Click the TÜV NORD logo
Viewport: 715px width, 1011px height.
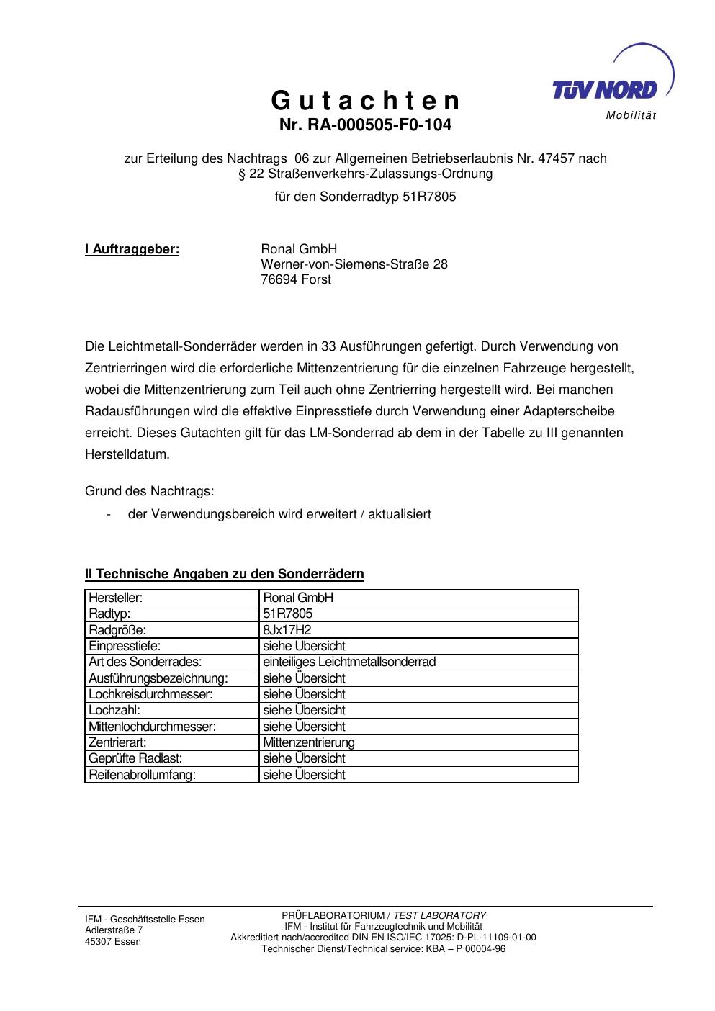pyautogui.click(x=605, y=89)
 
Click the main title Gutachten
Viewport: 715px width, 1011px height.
pyautogui.click(x=365, y=101)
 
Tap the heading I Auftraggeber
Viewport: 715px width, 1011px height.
pyautogui.click(x=132, y=250)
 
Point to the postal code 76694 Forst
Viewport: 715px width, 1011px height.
pyautogui.click(x=296, y=280)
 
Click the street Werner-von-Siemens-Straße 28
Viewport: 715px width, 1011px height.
pyautogui.click(x=354, y=265)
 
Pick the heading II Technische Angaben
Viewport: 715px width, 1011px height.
pyautogui.click(x=225, y=574)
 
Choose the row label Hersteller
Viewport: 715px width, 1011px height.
pyautogui.click(x=115, y=598)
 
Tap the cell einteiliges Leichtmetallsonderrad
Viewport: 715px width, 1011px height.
pyautogui.click(x=349, y=662)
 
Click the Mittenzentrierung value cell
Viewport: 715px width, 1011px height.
pyautogui.click(x=309, y=742)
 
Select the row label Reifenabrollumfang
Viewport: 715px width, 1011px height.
pyautogui.click(x=142, y=775)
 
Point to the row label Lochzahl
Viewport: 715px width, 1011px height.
pyautogui.click(x=114, y=710)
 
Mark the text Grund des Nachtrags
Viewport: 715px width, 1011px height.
pyautogui.click(x=150, y=492)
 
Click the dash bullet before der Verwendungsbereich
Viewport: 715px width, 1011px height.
pyautogui.click(x=108, y=515)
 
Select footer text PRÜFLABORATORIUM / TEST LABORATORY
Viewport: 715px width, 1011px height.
pyautogui.click(x=383, y=915)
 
